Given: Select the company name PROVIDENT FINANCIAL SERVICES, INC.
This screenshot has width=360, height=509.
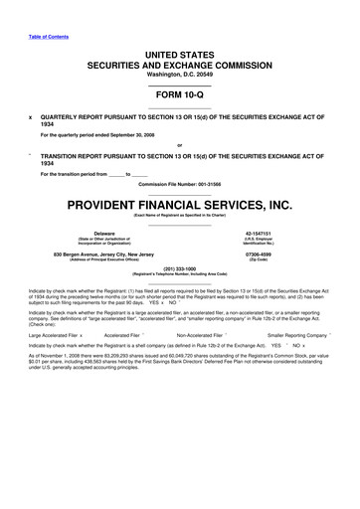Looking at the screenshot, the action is [x=180, y=206].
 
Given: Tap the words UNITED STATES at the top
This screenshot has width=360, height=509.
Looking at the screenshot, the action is [x=180, y=34].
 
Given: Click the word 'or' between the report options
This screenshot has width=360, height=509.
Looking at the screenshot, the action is [x=179, y=146].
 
